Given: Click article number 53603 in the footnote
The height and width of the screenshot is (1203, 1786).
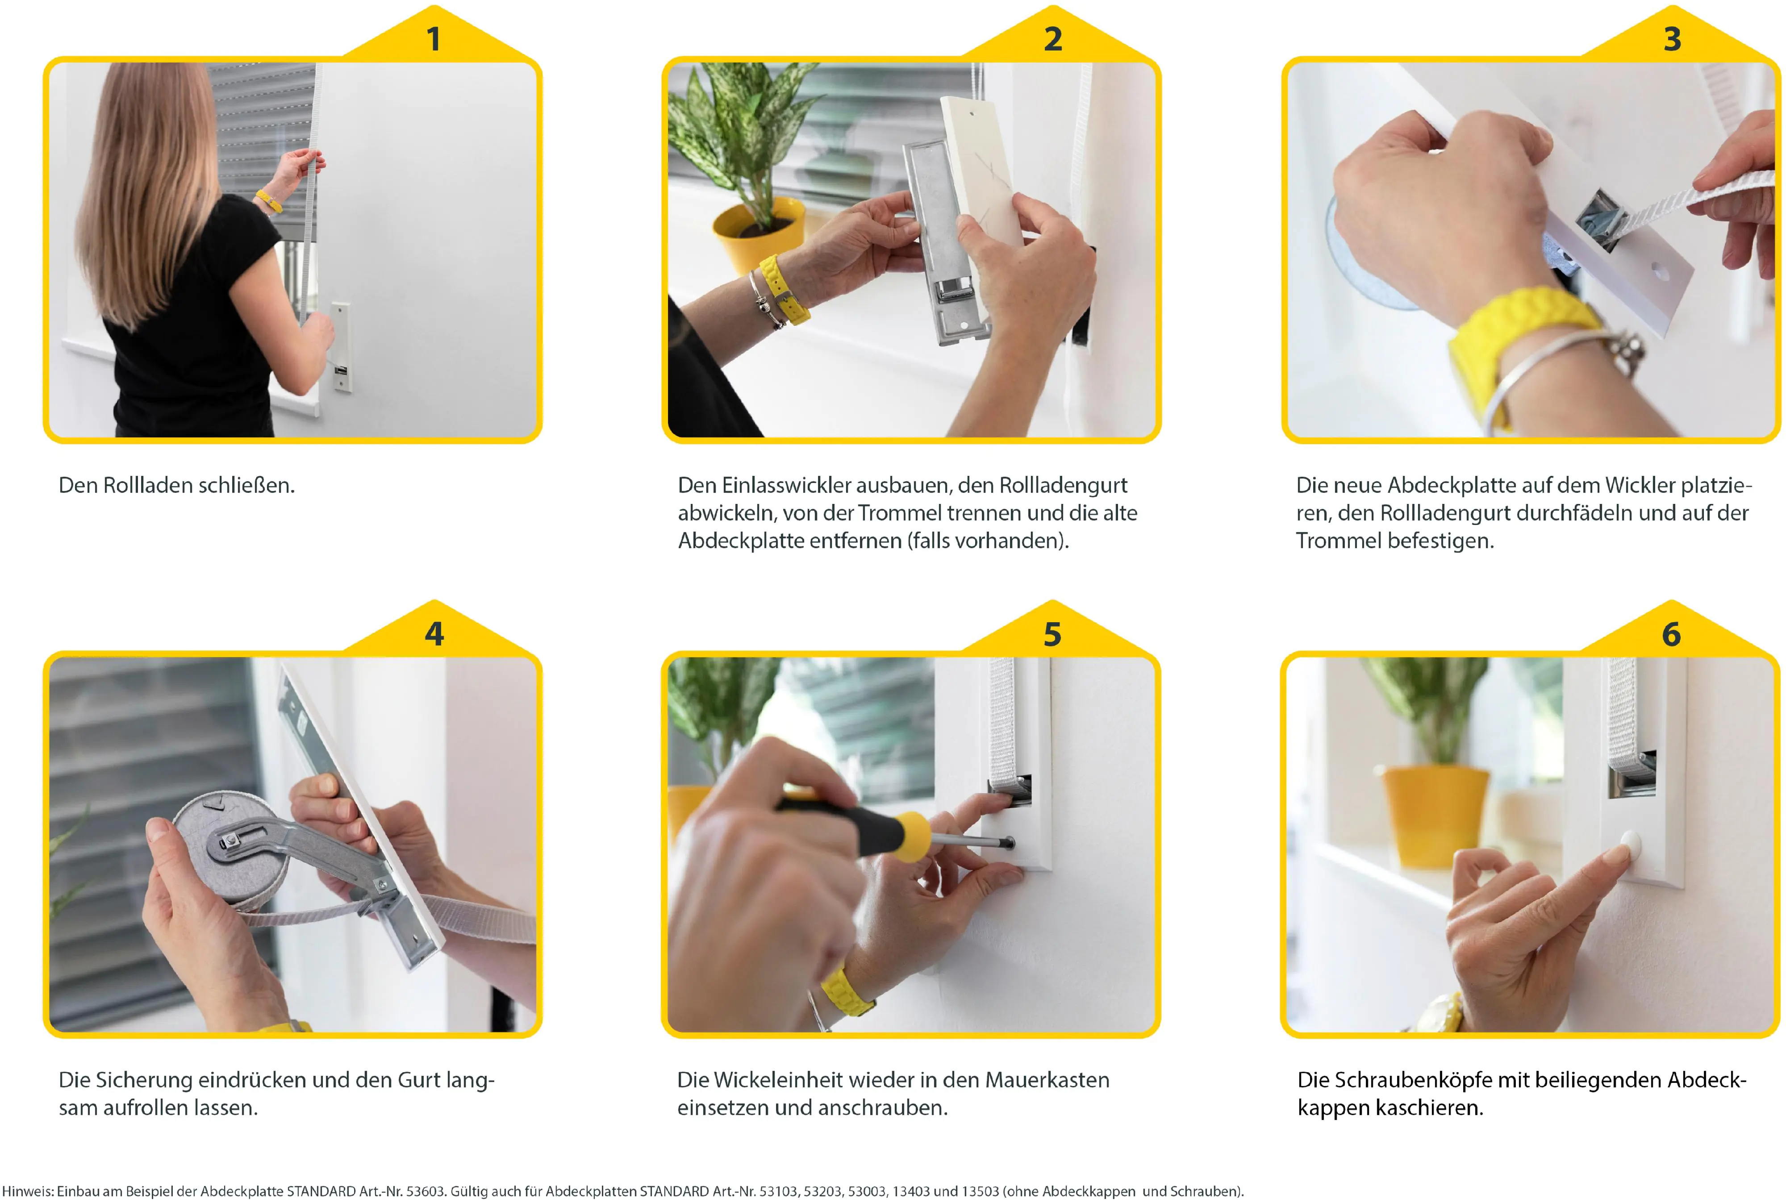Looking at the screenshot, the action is (425, 1191).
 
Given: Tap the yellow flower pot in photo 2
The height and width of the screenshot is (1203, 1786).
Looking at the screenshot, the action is (759, 227).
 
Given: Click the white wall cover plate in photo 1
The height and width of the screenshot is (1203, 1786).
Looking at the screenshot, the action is (342, 347).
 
